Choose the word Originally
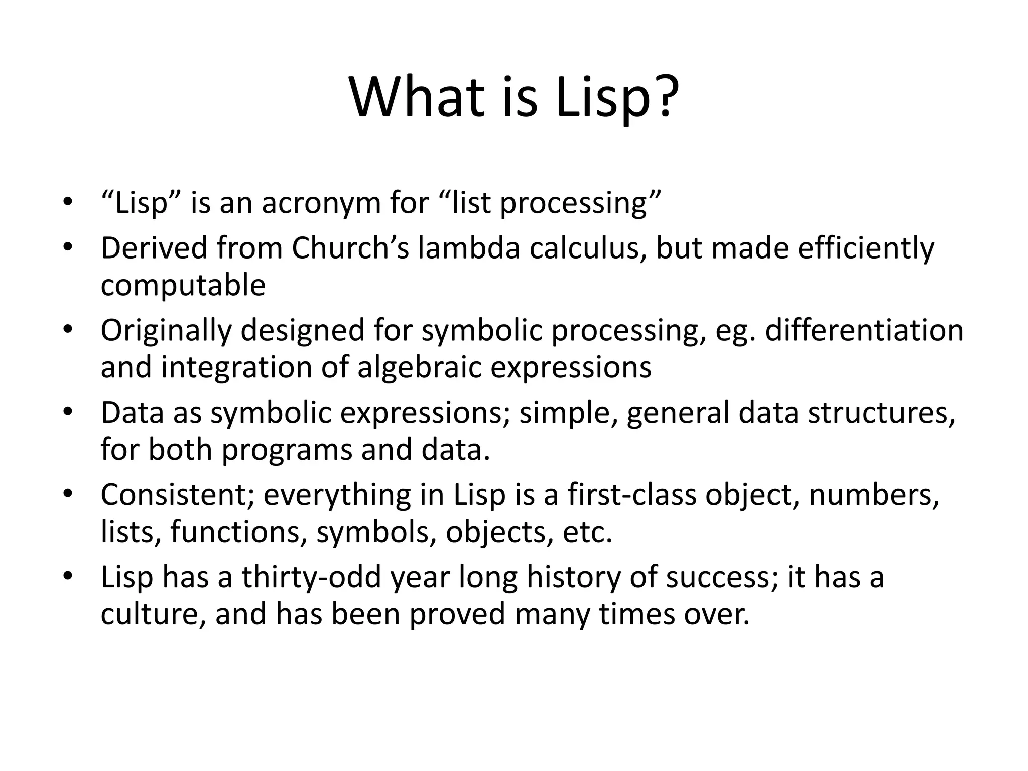tap(166, 331)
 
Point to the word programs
tap(287, 450)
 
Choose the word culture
tap(153, 614)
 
